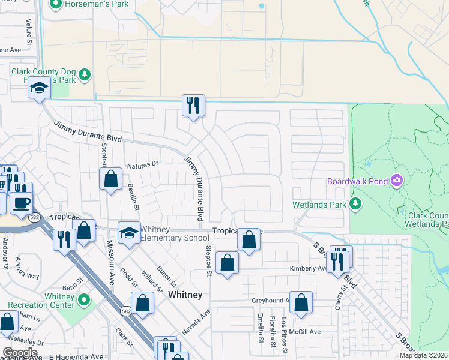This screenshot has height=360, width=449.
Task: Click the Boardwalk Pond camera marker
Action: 396,180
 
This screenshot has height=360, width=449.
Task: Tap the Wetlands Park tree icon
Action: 355,205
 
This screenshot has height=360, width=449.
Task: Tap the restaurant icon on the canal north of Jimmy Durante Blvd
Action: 193,106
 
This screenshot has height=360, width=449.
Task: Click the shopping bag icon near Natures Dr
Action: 110,178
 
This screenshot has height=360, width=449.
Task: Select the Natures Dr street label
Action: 142,163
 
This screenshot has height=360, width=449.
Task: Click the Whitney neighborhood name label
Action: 185,295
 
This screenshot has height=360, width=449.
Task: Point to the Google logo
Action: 20,352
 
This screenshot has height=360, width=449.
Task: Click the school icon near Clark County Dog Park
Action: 40,89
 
